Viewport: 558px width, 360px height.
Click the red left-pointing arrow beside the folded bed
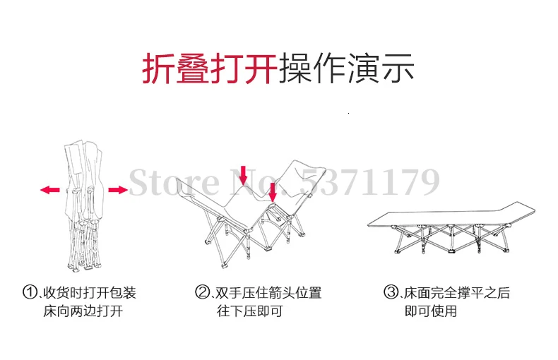coord(49,189)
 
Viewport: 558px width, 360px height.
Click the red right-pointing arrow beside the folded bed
coord(117,189)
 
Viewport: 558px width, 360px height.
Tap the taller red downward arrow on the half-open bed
coord(243,174)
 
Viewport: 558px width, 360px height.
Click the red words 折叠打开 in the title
coord(210,68)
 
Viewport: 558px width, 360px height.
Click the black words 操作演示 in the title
coord(346,68)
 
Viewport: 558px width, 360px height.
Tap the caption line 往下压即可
coord(249,311)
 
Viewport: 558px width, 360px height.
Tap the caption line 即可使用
coord(431,311)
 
